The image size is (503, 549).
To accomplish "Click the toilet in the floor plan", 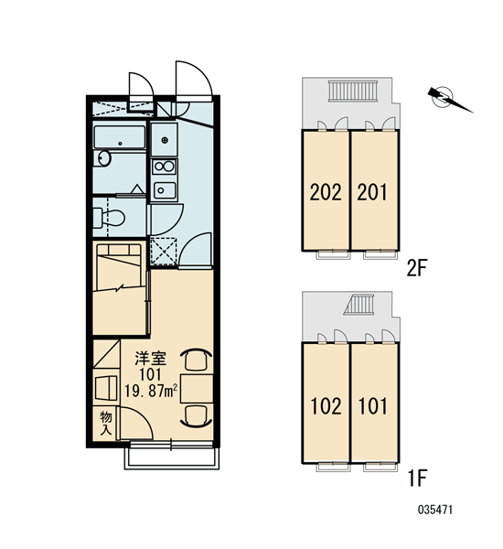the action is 110,218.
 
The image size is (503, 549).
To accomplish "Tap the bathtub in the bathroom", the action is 120,137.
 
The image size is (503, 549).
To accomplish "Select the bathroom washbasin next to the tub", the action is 103,158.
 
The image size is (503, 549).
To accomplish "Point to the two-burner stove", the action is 165,167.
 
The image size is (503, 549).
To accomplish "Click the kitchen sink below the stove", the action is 165,190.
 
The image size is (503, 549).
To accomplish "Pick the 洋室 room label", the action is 151,358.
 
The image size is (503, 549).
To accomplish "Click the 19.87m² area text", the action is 151,391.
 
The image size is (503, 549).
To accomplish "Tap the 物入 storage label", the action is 106,424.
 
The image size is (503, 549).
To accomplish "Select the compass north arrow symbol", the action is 449,99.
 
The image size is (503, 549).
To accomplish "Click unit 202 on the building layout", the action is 326,192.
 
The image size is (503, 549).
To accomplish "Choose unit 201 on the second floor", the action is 373,192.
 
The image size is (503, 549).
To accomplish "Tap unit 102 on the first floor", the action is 326,406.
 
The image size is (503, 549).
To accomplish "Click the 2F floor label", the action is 417,268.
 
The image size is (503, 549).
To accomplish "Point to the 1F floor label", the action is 418,479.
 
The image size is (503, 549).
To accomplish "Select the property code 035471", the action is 435,510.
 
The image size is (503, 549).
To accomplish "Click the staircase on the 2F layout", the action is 353,91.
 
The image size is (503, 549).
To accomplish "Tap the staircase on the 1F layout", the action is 359,305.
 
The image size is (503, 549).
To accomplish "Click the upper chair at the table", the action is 196,360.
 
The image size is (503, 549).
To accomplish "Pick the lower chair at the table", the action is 196,416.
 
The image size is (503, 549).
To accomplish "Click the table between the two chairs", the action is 197,388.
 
